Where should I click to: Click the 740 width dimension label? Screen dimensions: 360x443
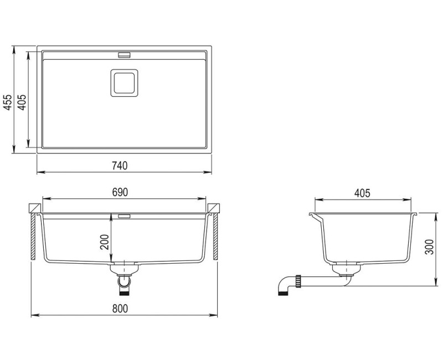pos(120,165)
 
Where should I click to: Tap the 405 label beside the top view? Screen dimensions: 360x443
pos(21,100)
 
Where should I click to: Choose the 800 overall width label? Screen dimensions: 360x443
pos(120,308)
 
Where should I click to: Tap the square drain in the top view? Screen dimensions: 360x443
pos(123,83)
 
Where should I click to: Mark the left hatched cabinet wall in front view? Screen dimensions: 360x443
pos(34,238)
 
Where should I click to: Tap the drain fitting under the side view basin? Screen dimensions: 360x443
pos(345,271)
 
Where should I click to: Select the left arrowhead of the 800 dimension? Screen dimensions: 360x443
pos(33,315)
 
